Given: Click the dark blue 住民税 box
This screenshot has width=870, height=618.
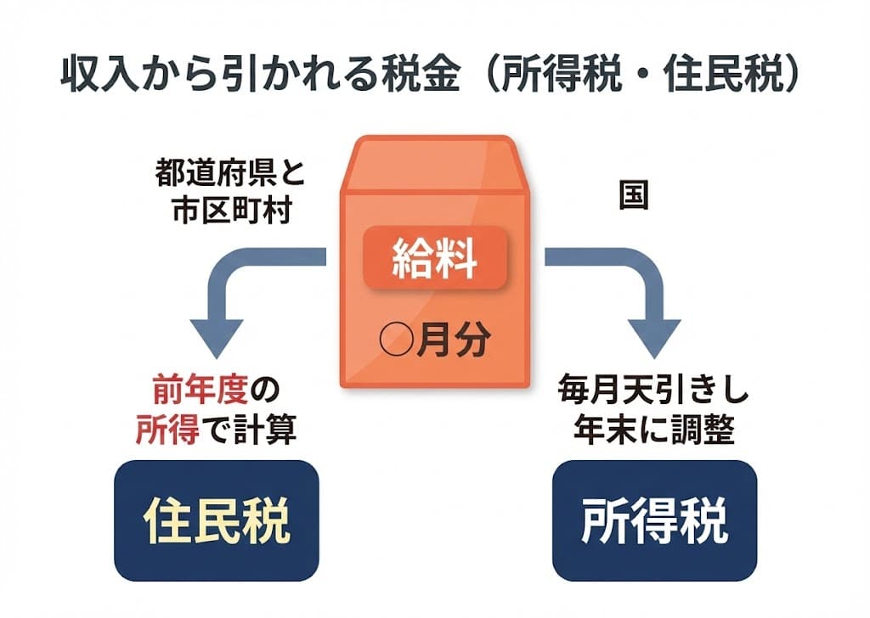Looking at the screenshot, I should tap(216, 520).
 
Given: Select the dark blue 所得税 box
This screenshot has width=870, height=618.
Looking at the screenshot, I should tap(654, 520).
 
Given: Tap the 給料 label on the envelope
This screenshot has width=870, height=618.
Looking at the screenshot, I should tap(435, 260).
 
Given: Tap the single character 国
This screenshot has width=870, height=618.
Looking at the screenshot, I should tap(632, 197).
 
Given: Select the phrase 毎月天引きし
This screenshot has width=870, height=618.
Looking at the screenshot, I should tap(653, 392).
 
